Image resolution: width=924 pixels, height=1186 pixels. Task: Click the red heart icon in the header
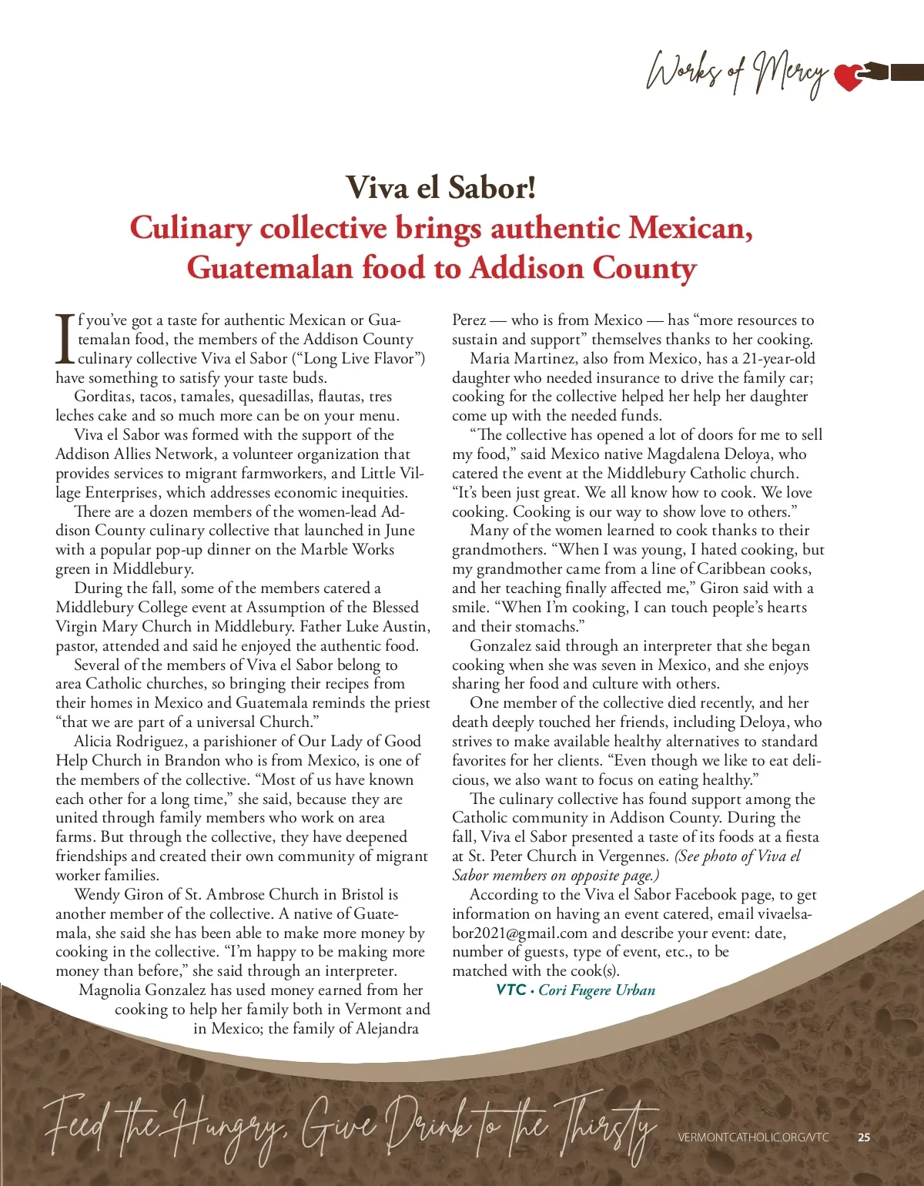pyautogui.click(x=849, y=76)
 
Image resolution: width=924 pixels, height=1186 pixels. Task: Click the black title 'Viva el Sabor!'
pyautogui.click(x=440, y=188)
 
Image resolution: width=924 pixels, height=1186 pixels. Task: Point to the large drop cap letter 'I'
pyautogui.click(x=65, y=339)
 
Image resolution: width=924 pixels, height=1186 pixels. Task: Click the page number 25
pyautogui.click(x=864, y=1137)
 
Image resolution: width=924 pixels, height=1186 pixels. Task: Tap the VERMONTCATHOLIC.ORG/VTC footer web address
pyautogui.click(x=753, y=1137)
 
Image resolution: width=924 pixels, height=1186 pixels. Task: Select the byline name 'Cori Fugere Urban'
pyautogui.click(x=597, y=990)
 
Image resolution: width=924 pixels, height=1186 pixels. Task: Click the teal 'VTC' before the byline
pyautogui.click(x=511, y=990)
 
